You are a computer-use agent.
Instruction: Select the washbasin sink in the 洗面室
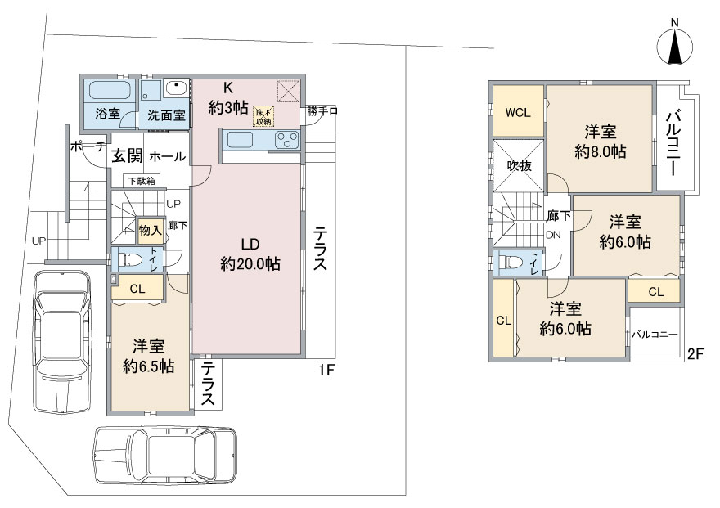click(x=176, y=88)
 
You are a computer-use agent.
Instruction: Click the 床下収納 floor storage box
click(x=263, y=116)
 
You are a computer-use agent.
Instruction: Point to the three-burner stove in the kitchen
click(x=287, y=140)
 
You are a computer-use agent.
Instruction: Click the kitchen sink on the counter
click(x=238, y=140)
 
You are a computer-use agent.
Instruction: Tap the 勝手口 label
click(x=322, y=111)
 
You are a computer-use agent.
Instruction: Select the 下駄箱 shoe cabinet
click(x=142, y=180)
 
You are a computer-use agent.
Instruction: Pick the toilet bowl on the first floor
click(x=129, y=260)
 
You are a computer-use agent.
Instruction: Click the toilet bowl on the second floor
click(x=511, y=263)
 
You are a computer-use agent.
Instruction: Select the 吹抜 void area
click(x=519, y=165)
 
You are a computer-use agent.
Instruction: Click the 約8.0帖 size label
click(x=601, y=151)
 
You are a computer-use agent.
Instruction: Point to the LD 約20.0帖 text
click(x=250, y=254)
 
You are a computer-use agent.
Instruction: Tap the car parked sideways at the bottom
click(x=166, y=454)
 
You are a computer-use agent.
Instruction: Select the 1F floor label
click(x=326, y=370)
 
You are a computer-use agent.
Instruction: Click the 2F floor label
click(x=695, y=354)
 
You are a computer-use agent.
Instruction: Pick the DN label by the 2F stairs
click(x=553, y=235)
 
